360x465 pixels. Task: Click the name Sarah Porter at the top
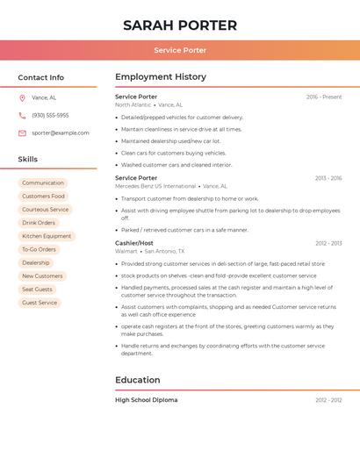[x=180, y=25]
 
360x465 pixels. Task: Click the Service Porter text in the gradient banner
[x=180, y=50]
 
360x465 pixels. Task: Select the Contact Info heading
[x=41, y=77]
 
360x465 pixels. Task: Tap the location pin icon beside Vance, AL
[x=22, y=97]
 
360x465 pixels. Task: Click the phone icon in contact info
[x=22, y=115]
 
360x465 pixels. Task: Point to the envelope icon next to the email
[x=22, y=132]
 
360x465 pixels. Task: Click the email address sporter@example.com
[x=61, y=132]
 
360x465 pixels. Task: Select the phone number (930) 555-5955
[x=50, y=115]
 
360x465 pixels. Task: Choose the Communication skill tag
[x=43, y=182]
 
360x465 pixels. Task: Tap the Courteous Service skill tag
[x=45, y=210]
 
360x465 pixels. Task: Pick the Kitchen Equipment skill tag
[x=47, y=236]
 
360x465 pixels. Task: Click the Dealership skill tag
[x=36, y=262]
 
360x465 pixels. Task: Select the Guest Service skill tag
[x=40, y=303]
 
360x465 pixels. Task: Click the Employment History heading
[x=161, y=77]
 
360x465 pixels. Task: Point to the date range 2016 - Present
[x=324, y=97]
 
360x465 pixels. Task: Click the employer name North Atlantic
[x=133, y=104]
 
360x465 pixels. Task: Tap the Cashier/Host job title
[x=134, y=243]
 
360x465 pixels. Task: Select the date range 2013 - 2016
[x=328, y=178]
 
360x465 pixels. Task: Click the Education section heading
[x=138, y=380]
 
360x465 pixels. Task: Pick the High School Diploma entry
[x=146, y=400]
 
